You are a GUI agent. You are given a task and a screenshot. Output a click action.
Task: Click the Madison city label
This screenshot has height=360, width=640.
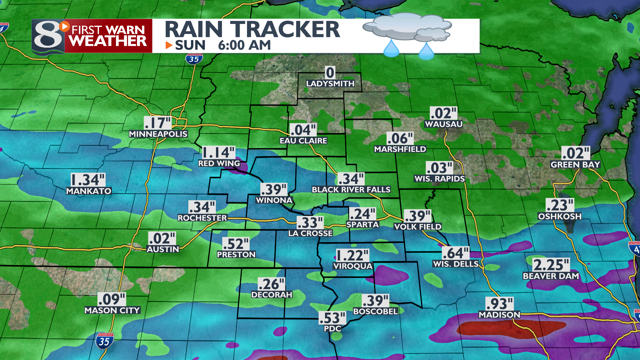point(499,315)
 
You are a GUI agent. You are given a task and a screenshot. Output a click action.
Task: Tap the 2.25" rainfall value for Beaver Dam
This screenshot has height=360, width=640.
point(551,265)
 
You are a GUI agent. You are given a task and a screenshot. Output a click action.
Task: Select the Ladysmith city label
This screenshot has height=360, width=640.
point(330,84)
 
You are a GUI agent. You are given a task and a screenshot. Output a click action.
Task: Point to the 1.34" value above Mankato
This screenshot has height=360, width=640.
point(88,180)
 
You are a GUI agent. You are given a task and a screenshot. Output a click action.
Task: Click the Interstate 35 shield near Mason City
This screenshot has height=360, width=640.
point(104,341)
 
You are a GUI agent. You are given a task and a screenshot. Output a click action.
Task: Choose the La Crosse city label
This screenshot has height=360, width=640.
point(310,233)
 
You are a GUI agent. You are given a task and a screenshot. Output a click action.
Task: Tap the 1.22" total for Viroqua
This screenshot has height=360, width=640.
point(352,256)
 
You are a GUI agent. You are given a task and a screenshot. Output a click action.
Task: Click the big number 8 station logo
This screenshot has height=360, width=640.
point(48,36)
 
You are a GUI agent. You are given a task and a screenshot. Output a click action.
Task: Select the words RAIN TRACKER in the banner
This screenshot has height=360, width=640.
point(252,29)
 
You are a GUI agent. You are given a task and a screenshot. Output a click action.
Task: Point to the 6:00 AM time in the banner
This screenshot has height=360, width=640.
point(244,45)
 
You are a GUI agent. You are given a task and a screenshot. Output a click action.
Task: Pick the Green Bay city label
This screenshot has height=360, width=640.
point(575,165)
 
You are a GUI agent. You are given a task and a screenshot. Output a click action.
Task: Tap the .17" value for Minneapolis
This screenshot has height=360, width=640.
point(157,123)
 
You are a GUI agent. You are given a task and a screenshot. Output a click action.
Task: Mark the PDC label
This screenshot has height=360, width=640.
point(333,329)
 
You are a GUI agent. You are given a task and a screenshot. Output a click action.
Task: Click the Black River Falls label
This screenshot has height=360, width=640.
point(351,190)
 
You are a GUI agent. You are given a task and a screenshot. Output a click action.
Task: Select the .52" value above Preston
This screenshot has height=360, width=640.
point(236,244)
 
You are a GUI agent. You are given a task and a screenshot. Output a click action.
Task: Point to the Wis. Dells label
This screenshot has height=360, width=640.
point(456,264)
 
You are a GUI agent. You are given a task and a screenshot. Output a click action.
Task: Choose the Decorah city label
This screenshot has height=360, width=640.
point(272,295)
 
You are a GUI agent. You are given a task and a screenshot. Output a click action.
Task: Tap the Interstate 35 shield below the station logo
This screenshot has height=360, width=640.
point(194,59)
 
